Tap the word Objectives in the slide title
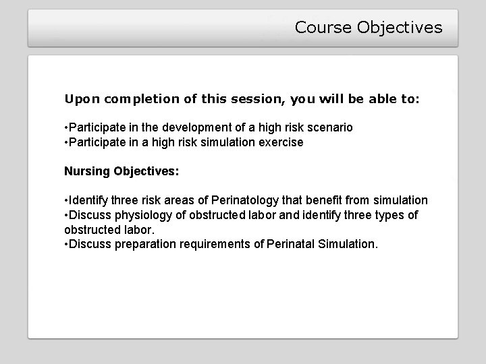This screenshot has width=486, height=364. tap(400, 28)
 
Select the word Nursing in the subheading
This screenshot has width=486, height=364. tap(87, 171)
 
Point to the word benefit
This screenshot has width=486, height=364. tap(328, 200)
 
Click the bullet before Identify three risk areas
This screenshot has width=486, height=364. tap(66, 200)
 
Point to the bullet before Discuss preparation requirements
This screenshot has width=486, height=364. tap(66, 244)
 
